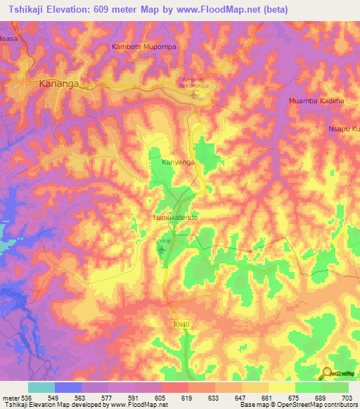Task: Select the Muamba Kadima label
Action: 316,101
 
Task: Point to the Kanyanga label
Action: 178,162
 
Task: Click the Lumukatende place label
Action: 176,219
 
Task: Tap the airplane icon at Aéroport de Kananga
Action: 192,95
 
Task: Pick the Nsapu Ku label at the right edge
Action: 344,129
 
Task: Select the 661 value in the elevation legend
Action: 266,397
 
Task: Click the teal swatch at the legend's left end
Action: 41,387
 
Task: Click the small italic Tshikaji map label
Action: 161,240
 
